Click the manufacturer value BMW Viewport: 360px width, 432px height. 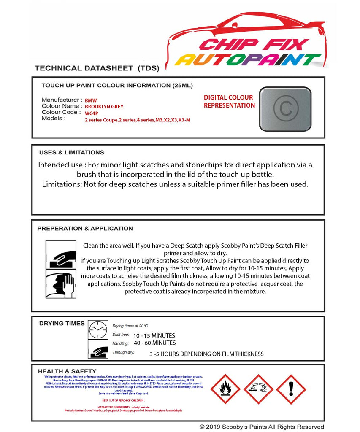pyautogui.click(x=91, y=101)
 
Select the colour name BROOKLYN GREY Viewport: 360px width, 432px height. pyautogui.click(x=104, y=107)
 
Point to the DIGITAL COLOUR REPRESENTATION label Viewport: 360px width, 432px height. pyautogui.click(x=229, y=102)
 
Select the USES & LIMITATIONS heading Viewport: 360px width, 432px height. pyautogui.click(x=71, y=152)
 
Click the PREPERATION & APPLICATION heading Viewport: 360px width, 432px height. pyautogui.click(x=85, y=228)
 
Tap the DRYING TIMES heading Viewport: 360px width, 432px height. pyautogui.click(x=62, y=323)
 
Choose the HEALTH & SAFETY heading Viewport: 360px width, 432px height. pyautogui.click(x=67, y=371)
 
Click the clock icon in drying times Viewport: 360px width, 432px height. pyautogui.click(x=98, y=329)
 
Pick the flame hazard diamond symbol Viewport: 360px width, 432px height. pyautogui.click(x=225, y=389)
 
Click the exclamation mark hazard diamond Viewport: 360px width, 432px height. pyautogui.click(x=291, y=389)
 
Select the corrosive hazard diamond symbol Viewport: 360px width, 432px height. pyautogui.click(x=258, y=389)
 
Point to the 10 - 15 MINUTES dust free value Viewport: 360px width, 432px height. pyautogui.click(x=154, y=335)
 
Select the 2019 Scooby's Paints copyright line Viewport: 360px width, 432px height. pyautogui.click(x=262, y=427)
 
